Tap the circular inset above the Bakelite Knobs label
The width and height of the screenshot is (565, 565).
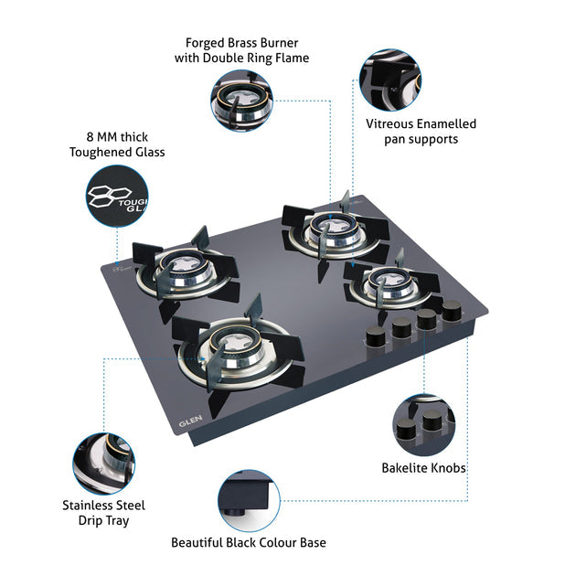pyautogui.click(x=423, y=423)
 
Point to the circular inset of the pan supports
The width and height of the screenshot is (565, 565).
pyautogui.click(x=390, y=80)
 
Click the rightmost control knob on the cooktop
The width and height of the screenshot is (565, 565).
pyautogui.click(x=451, y=313)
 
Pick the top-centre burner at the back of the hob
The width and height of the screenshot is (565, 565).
pyautogui.click(x=325, y=229)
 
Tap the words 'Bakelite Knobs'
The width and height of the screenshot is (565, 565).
pyautogui.click(x=423, y=468)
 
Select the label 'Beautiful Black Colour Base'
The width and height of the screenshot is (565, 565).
pyautogui.click(x=248, y=542)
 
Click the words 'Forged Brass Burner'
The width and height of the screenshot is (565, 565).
pyautogui.click(x=241, y=43)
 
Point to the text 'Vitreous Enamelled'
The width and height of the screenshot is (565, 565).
pyautogui.click(x=421, y=123)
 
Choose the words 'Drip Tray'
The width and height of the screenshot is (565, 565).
pyautogui.click(x=103, y=520)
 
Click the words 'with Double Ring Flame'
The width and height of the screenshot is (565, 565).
pyautogui.click(x=241, y=59)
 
